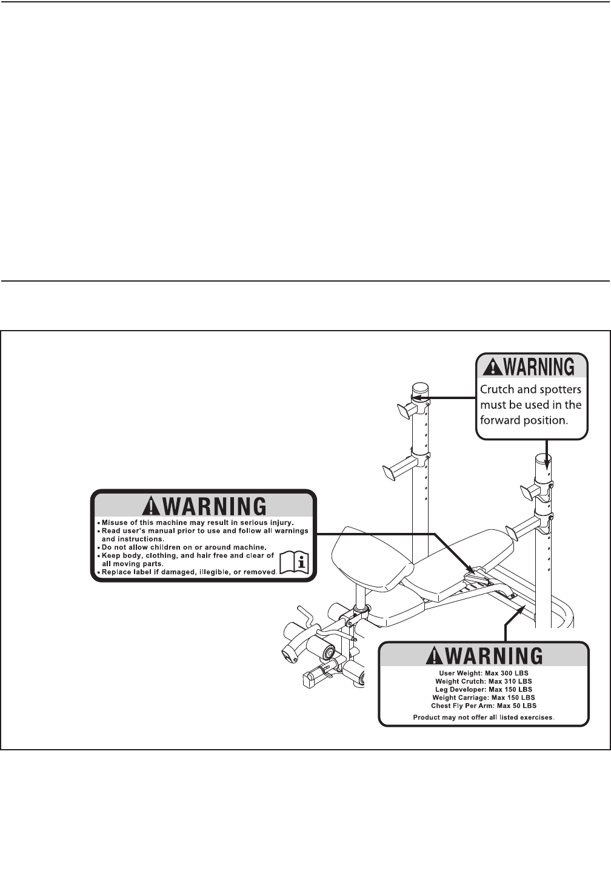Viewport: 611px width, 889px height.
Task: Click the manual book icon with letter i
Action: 295,563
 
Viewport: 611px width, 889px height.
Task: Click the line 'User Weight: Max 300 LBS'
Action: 484,673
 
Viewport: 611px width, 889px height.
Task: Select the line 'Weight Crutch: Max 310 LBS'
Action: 484,681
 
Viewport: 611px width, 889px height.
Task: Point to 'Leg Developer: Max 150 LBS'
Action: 484,689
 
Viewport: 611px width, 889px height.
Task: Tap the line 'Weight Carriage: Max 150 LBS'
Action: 484,698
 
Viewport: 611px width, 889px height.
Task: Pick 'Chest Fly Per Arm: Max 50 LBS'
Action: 484,706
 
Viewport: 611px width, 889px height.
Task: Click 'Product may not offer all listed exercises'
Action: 484,718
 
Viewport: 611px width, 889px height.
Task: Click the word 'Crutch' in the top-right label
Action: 497,389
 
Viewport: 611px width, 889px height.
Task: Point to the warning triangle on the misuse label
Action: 149,506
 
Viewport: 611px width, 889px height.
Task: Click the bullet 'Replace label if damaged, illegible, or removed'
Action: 189,572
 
